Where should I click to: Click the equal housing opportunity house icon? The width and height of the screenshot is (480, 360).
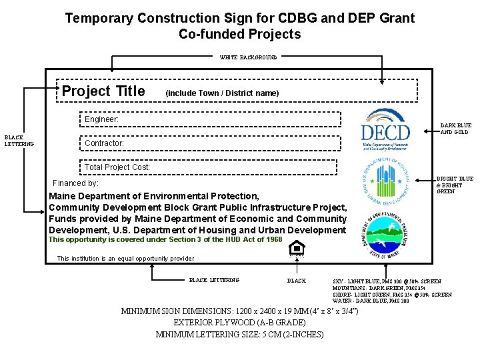click(x=296, y=249)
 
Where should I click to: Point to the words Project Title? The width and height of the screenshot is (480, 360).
click(x=103, y=91)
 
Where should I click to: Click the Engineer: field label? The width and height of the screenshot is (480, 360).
click(x=101, y=119)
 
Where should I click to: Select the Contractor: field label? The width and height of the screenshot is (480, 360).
click(x=104, y=143)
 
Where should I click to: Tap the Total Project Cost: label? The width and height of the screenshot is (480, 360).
click(x=117, y=167)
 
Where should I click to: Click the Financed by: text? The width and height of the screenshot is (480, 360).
click(x=75, y=183)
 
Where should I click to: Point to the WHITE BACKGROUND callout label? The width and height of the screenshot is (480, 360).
click(x=248, y=57)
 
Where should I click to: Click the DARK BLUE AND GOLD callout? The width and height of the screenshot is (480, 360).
click(x=456, y=129)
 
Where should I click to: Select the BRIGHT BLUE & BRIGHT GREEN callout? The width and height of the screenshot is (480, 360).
click(x=455, y=185)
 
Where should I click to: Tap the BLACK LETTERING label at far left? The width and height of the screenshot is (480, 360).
click(x=14, y=140)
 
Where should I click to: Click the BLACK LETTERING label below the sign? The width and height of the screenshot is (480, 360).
click(x=214, y=280)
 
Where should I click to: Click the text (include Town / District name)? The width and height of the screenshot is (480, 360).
click(x=222, y=93)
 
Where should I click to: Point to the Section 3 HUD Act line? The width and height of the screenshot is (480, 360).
click(x=165, y=239)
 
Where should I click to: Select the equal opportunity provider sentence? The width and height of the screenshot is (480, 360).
click(x=126, y=258)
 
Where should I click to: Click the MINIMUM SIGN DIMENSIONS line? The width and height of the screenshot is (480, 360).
click(x=239, y=311)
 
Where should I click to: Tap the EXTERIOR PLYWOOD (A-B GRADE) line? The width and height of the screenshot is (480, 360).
click(x=239, y=323)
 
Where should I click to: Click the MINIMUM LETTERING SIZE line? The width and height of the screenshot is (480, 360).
click(x=239, y=334)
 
